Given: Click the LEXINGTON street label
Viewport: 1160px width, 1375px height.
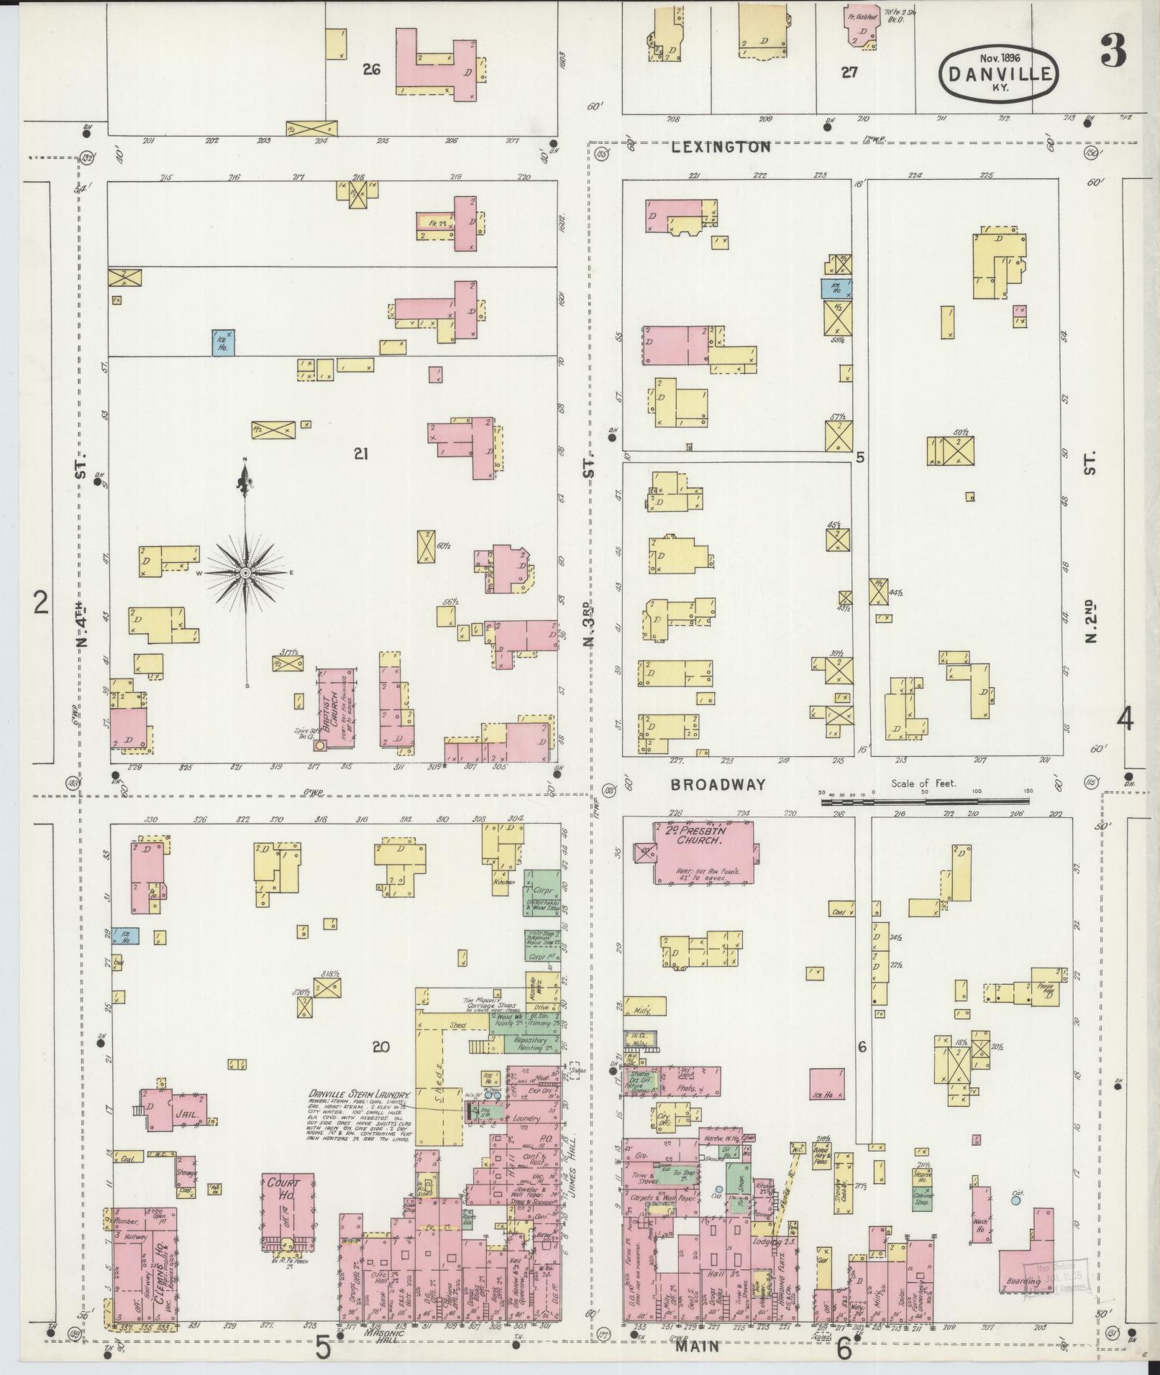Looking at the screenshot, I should pos(721,147).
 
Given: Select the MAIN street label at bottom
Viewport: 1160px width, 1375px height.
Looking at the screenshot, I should pos(697,1346).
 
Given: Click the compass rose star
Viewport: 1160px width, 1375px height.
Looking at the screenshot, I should pos(245,573).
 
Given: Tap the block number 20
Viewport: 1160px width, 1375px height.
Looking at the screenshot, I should pos(380,1047).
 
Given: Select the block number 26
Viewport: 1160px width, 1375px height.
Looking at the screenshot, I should pos(371,70).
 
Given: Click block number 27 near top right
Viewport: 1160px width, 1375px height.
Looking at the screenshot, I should pos(849,73).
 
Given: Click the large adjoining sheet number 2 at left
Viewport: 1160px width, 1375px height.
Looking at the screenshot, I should pos(40,602).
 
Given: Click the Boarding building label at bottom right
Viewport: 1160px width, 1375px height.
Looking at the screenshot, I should pos(1023,1282).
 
